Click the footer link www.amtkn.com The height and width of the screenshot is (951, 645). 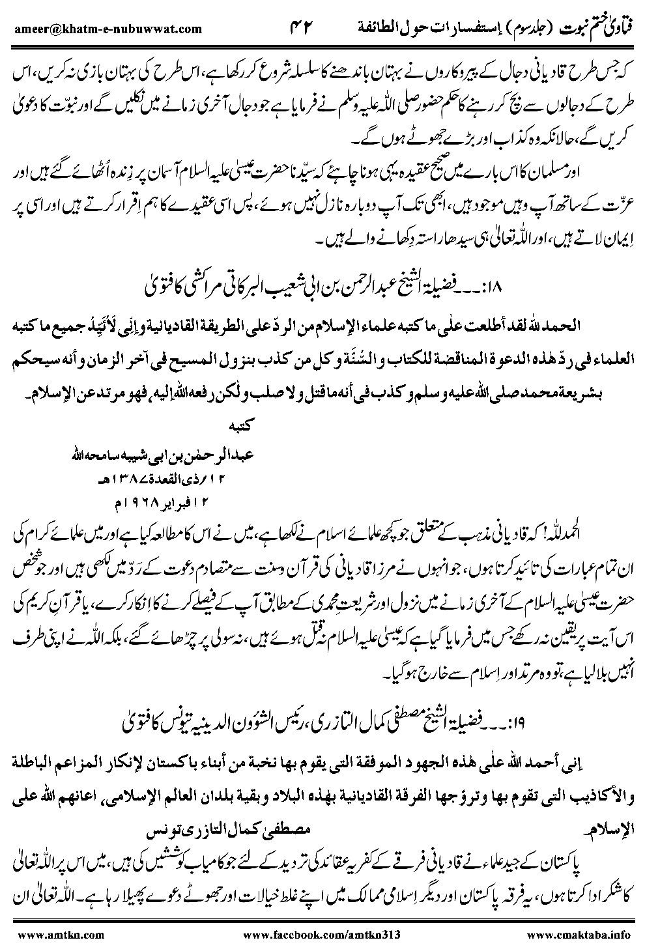59,934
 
